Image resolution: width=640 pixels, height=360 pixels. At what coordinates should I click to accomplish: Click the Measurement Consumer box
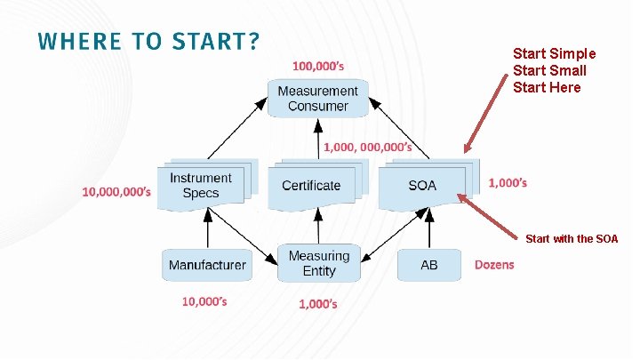point(317,98)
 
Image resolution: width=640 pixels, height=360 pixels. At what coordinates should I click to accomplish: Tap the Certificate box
point(311,185)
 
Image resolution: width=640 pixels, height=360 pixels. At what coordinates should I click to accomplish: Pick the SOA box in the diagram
point(422,185)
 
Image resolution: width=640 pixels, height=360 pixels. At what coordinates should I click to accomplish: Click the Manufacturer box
point(207,265)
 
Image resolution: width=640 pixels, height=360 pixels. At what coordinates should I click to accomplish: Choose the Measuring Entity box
point(319,263)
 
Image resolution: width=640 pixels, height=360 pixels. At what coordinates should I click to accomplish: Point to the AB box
point(429,265)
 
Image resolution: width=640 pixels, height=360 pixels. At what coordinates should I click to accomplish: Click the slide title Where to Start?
point(148,42)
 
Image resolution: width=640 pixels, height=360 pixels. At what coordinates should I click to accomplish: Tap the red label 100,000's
point(319,66)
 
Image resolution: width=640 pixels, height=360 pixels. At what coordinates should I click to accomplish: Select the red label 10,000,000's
point(116,191)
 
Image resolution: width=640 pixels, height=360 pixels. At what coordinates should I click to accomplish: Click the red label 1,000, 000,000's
point(367,147)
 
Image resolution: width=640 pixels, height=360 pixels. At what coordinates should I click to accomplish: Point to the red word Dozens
point(494,265)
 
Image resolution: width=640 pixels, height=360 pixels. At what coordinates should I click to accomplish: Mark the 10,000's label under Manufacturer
point(204,301)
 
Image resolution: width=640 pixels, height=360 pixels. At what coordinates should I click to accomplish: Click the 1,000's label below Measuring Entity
point(317,304)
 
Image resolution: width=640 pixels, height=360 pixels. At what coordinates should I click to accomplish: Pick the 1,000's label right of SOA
point(508,183)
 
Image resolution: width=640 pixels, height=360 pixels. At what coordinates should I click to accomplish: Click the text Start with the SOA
point(572,239)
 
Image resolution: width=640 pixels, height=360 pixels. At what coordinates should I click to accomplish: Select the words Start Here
point(547,87)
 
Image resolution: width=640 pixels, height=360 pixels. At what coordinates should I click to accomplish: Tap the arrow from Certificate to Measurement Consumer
point(317,140)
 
